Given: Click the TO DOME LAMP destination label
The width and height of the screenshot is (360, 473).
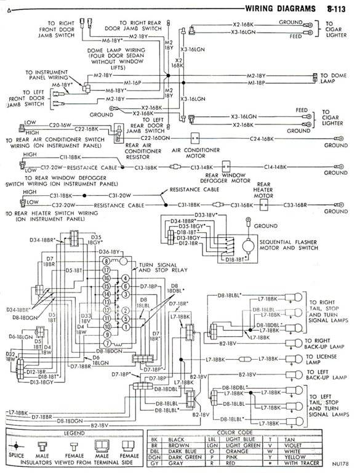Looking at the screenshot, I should (335, 79).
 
